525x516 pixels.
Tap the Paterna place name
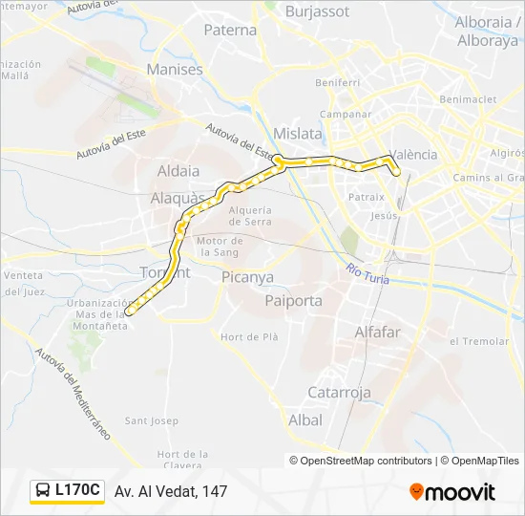(x=231, y=30)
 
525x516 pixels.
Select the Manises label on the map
(x=175, y=70)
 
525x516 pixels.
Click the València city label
(x=414, y=154)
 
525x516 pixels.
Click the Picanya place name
(x=247, y=277)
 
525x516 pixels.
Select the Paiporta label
(x=293, y=300)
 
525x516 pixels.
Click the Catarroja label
(x=339, y=392)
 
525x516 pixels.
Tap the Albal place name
(x=305, y=419)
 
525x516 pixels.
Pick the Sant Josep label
(x=152, y=420)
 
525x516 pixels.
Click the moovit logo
(x=452, y=492)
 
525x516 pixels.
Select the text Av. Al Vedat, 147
(x=171, y=491)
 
